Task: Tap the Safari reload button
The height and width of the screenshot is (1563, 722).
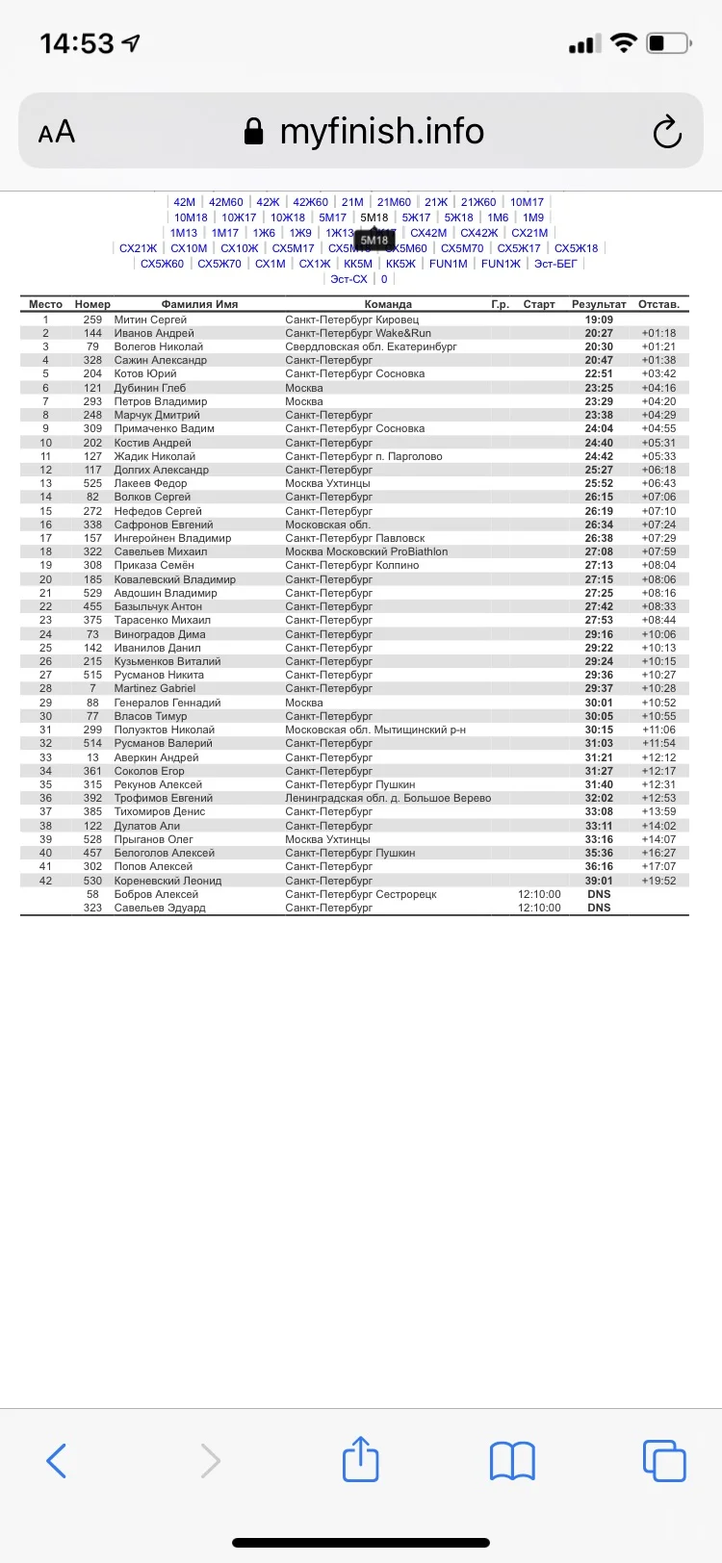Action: point(666,132)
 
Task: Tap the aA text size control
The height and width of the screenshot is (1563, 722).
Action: point(57,132)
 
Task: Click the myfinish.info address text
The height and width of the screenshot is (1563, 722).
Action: point(381,131)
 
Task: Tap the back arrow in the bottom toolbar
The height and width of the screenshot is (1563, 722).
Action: point(57,1461)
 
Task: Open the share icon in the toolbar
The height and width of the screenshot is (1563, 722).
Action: point(361,1459)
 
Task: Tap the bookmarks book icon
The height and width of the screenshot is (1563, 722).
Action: point(512,1461)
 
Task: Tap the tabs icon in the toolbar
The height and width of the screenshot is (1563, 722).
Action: point(664,1460)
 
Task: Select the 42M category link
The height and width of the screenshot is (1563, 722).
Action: point(184,202)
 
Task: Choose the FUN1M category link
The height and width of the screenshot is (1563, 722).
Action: point(448,264)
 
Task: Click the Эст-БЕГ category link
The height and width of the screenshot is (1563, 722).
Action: point(555,264)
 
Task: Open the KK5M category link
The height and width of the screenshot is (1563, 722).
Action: point(358,264)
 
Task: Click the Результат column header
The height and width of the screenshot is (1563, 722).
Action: point(598,304)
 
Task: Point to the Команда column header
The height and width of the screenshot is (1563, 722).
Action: point(388,304)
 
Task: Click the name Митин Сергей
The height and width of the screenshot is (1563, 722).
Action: point(150,320)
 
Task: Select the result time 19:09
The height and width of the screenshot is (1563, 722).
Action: point(599,320)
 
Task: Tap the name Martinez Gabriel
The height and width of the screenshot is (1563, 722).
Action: point(154,688)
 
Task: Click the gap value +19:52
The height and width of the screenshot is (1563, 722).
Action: point(659,881)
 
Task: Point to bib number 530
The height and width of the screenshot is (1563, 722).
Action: point(92,881)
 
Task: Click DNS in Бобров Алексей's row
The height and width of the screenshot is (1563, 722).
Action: point(599,894)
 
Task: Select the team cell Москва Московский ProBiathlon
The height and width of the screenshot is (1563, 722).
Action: point(366,551)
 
